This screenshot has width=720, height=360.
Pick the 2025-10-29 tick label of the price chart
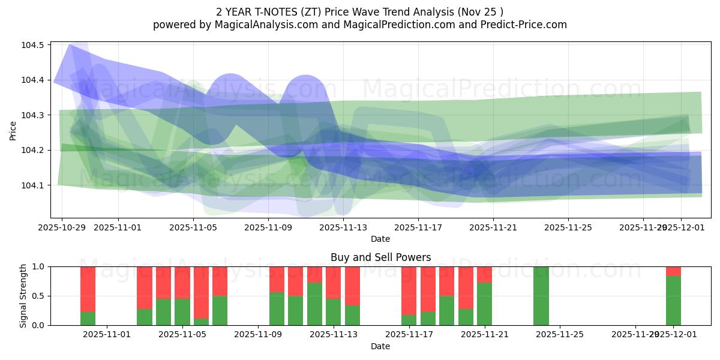click(x=62, y=227)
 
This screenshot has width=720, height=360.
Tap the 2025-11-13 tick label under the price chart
click(x=343, y=227)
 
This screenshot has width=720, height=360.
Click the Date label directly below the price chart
click(x=380, y=239)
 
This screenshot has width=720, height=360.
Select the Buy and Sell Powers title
click(x=380, y=257)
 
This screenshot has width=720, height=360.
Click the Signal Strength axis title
click(x=23, y=296)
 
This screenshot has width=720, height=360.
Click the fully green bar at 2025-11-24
click(x=541, y=296)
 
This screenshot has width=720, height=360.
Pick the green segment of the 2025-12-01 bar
click(x=673, y=301)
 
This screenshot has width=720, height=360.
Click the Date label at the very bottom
click(x=380, y=346)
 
